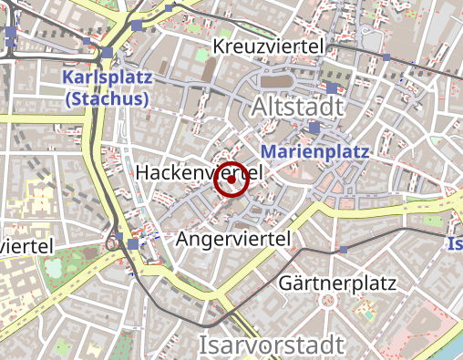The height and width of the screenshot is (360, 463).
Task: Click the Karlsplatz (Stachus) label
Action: [108, 88]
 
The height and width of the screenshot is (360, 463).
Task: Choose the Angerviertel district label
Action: [233, 239]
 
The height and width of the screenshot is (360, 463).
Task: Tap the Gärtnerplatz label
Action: [337, 283]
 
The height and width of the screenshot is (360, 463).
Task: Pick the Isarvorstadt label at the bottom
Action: [272, 345]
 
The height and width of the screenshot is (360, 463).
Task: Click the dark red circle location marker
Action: [231, 180]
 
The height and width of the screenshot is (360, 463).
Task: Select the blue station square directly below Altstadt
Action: [314, 129]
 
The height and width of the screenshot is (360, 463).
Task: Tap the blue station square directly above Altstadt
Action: [332, 88]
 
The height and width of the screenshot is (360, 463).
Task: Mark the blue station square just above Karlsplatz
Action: [108, 53]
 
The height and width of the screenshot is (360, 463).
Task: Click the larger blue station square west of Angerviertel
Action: [134, 243]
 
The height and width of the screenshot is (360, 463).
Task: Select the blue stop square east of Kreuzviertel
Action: [386, 57]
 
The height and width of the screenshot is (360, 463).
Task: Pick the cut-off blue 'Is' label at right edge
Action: [455, 243]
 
